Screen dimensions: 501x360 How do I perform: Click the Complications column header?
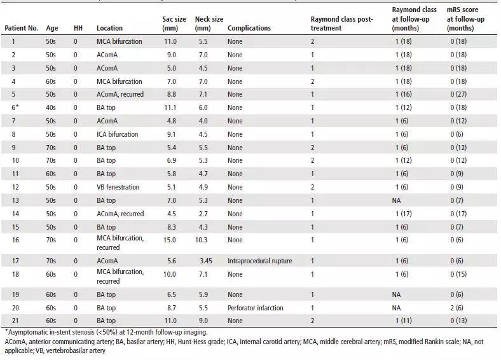pyautogui.click(x=249, y=28)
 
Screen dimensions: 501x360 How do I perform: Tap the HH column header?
pyautogui.click(x=78, y=28)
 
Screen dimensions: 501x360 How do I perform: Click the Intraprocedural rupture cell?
pyautogui.click(x=260, y=261)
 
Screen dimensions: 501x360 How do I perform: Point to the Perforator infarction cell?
pyautogui.click(x=256, y=308)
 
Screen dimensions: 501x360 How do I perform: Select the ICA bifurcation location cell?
pyautogui.click(x=117, y=134)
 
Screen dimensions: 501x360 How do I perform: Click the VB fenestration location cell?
pyautogui.click(x=118, y=187)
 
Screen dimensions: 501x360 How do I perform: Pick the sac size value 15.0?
pyautogui.click(x=169, y=240)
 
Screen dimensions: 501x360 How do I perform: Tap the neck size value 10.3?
pyautogui.click(x=202, y=240)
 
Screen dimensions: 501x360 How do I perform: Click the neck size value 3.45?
pyautogui.click(x=206, y=261)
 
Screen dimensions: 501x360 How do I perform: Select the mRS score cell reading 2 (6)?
pyautogui.click(x=457, y=308)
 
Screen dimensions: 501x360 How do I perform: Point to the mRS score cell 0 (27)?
pyautogui.click(x=458, y=94)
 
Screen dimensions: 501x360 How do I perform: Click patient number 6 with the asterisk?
pyautogui.click(x=15, y=107)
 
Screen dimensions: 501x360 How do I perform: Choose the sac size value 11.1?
pyautogui.click(x=170, y=107)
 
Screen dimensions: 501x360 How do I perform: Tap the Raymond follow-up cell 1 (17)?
pyautogui.click(x=404, y=214)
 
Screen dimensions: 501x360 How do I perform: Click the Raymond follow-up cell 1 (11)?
pyautogui.click(x=404, y=321)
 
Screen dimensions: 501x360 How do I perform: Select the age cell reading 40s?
pyautogui.click(x=51, y=107)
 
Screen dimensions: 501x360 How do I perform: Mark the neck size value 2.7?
pyautogui.click(x=203, y=214)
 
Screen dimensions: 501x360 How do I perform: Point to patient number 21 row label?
pyautogui.click(x=15, y=321)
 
